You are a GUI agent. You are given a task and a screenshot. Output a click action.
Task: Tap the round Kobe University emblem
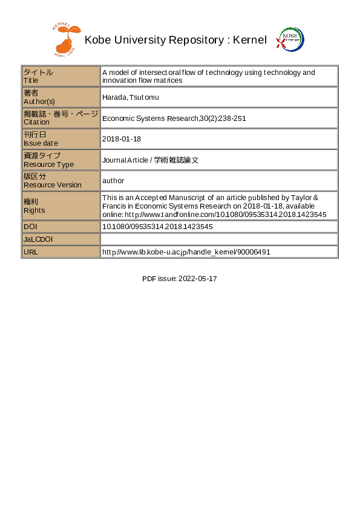pos(290,40)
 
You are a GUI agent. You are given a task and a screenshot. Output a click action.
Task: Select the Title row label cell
pos(61,76)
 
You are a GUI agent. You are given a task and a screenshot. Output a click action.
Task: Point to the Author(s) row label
pos(61,97)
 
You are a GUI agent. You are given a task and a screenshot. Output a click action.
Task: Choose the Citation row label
pos(61,118)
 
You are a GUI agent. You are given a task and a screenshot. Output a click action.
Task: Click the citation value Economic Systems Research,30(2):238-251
pos(174,118)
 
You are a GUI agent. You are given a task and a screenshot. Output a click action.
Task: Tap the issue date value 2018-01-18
pos(122,138)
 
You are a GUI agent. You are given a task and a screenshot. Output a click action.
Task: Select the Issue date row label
pos(61,138)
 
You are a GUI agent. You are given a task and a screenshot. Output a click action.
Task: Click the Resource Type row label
pos(61,160)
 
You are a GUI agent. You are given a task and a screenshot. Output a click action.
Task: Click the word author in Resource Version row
pos(113,180)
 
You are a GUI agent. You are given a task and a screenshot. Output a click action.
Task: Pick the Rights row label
pos(61,206)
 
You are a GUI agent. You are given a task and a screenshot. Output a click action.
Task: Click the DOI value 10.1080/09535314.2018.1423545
pos(157,227)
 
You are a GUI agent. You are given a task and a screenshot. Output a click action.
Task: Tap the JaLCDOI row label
pos(61,239)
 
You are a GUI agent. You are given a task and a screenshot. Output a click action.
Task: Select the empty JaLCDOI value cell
pos(218,239)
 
